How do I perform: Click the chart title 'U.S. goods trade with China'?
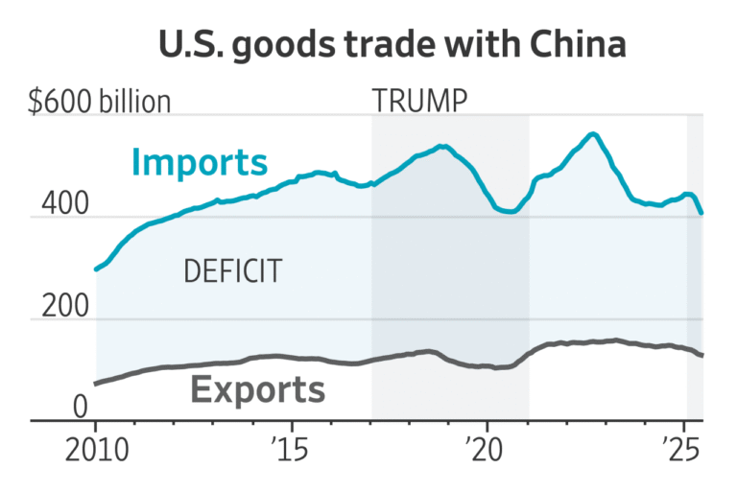368,46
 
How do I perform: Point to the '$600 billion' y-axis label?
100,102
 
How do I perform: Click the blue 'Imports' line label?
199,162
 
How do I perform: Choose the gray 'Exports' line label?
257,389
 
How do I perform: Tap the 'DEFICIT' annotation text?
232,271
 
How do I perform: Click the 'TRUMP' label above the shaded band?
418,100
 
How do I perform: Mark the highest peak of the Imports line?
593,134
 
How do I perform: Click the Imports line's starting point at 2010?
96,269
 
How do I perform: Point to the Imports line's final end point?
702,213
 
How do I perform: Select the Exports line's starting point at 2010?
96,384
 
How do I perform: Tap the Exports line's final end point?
702,356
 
